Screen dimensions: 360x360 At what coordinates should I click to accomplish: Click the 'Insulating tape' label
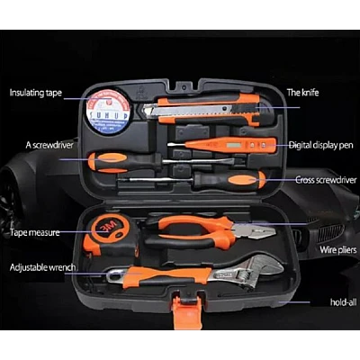tap(35, 93)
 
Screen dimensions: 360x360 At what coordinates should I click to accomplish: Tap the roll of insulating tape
tap(108, 111)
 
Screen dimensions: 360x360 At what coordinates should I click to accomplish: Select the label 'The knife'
tap(302, 93)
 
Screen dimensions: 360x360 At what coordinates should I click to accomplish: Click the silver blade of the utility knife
tap(187, 111)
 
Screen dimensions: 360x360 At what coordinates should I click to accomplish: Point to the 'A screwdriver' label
tap(49, 145)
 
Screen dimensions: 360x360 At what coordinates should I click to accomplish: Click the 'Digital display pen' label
tap(320, 146)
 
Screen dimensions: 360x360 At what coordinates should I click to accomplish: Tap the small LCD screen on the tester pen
tap(234, 146)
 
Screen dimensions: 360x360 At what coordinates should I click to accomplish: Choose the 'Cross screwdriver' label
tap(326, 180)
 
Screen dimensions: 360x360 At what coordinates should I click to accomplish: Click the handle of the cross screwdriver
tap(229, 180)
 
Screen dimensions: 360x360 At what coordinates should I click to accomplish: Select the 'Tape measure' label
tap(35, 232)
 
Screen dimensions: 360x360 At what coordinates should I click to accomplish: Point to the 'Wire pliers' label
tap(337, 249)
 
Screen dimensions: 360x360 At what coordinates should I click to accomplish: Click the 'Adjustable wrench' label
tap(42, 267)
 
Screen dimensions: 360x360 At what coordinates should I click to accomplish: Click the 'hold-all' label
tap(344, 302)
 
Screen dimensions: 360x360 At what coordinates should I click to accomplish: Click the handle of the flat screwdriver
tap(124, 162)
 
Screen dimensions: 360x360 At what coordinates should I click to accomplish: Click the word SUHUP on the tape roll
tap(108, 115)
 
